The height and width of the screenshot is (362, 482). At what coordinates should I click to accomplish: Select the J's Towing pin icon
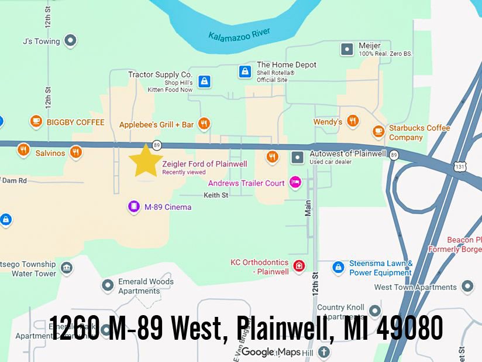click(71, 41)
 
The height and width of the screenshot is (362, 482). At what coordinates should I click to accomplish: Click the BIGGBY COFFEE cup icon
click(36, 122)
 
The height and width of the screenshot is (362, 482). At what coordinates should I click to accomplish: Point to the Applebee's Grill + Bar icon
click(204, 124)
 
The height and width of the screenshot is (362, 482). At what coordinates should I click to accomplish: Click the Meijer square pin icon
click(347, 49)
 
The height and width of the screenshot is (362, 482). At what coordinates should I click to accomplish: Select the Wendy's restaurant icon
click(353, 121)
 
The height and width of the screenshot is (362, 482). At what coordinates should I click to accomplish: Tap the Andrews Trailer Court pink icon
click(295, 183)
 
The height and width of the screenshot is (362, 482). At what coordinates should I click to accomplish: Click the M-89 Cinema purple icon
click(134, 207)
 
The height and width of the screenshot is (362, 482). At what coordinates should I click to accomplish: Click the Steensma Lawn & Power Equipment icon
click(338, 268)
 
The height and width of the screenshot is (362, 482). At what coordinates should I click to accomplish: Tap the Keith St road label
click(216, 195)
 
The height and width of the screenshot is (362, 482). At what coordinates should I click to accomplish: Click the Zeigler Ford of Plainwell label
click(204, 164)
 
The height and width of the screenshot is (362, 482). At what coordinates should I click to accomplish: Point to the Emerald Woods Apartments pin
click(108, 286)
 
